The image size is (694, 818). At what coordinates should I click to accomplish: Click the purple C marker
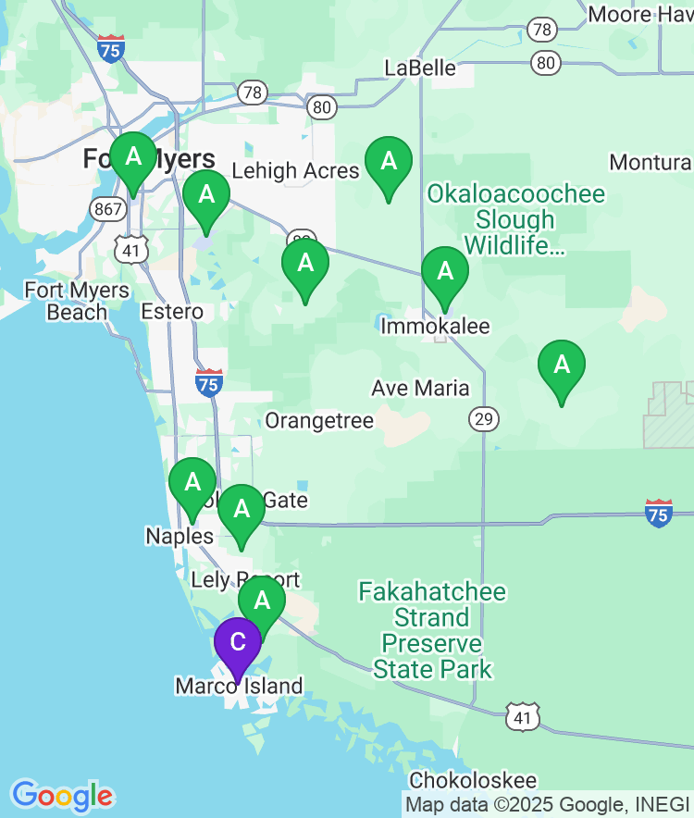(x=238, y=642)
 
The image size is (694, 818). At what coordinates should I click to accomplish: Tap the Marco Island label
(x=239, y=686)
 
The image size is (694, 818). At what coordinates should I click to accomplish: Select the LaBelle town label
(x=420, y=68)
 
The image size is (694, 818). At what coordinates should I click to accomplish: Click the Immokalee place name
(x=435, y=327)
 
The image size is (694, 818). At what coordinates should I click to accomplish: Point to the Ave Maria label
(x=420, y=388)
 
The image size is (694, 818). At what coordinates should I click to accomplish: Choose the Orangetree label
(x=319, y=421)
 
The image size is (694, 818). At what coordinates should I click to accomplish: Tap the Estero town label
(x=172, y=311)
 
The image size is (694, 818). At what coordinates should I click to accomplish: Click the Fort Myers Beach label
(x=77, y=302)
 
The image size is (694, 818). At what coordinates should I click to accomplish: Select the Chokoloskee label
(x=473, y=780)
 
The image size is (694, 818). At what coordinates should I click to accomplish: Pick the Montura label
(x=651, y=163)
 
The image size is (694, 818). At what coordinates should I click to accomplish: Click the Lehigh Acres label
(x=295, y=170)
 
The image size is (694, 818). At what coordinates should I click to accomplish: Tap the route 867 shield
(x=108, y=209)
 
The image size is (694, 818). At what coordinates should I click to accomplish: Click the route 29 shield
(x=483, y=419)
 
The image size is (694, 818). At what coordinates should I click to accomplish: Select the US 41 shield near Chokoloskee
(x=522, y=715)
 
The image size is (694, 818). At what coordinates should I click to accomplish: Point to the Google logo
(x=62, y=795)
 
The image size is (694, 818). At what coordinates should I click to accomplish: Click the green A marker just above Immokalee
(x=445, y=272)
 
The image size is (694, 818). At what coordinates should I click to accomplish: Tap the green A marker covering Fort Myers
(x=133, y=157)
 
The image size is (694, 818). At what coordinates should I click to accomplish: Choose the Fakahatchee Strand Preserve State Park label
(x=433, y=630)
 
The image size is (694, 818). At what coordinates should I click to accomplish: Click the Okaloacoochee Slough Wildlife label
(x=515, y=219)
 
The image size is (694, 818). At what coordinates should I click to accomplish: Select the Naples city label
(x=179, y=537)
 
